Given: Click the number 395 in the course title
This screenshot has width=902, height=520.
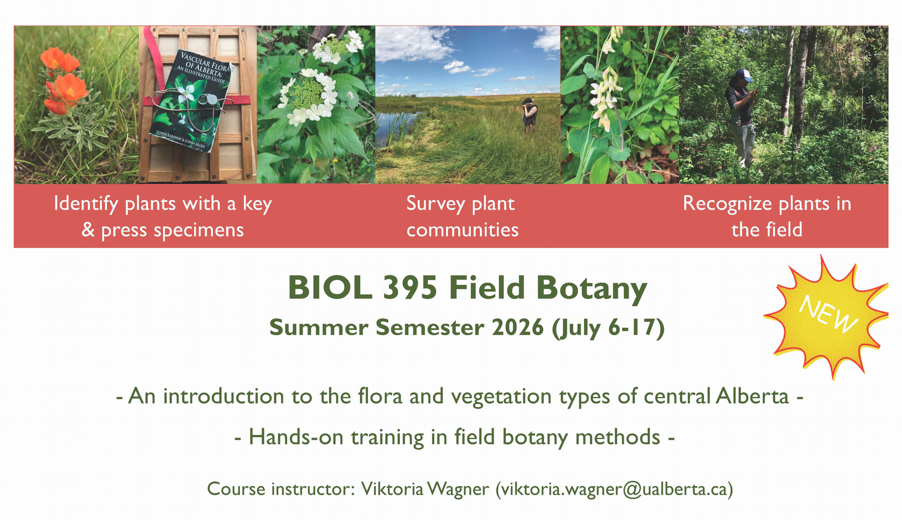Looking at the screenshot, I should coord(410,287).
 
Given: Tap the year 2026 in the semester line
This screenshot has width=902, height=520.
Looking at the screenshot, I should coord(518,328).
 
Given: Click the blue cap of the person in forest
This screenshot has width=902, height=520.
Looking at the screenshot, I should coord(743,75).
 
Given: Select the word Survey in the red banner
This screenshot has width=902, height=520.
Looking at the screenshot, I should coord(435,204).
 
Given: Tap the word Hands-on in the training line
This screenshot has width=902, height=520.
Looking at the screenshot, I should coord(296,437).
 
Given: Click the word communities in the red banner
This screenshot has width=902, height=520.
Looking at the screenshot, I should coord(462,230).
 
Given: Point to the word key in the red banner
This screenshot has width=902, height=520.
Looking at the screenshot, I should coord(257,204).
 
